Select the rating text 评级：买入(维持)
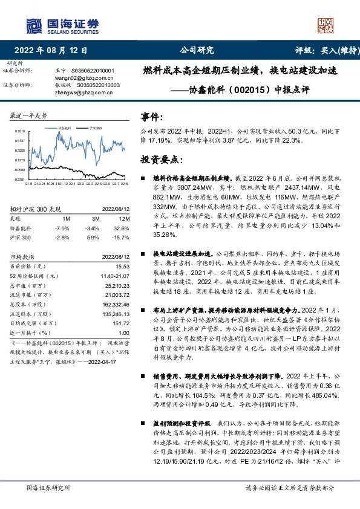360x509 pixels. tap(322, 50)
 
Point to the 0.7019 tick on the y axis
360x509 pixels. tap(20, 131)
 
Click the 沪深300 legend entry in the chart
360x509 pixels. tap(94, 128)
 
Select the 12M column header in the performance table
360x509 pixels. tap(125, 218)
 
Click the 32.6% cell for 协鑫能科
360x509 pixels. tap(123, 227)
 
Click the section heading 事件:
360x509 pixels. tap(152, 117)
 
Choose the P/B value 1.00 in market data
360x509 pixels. tap(124, 332)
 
